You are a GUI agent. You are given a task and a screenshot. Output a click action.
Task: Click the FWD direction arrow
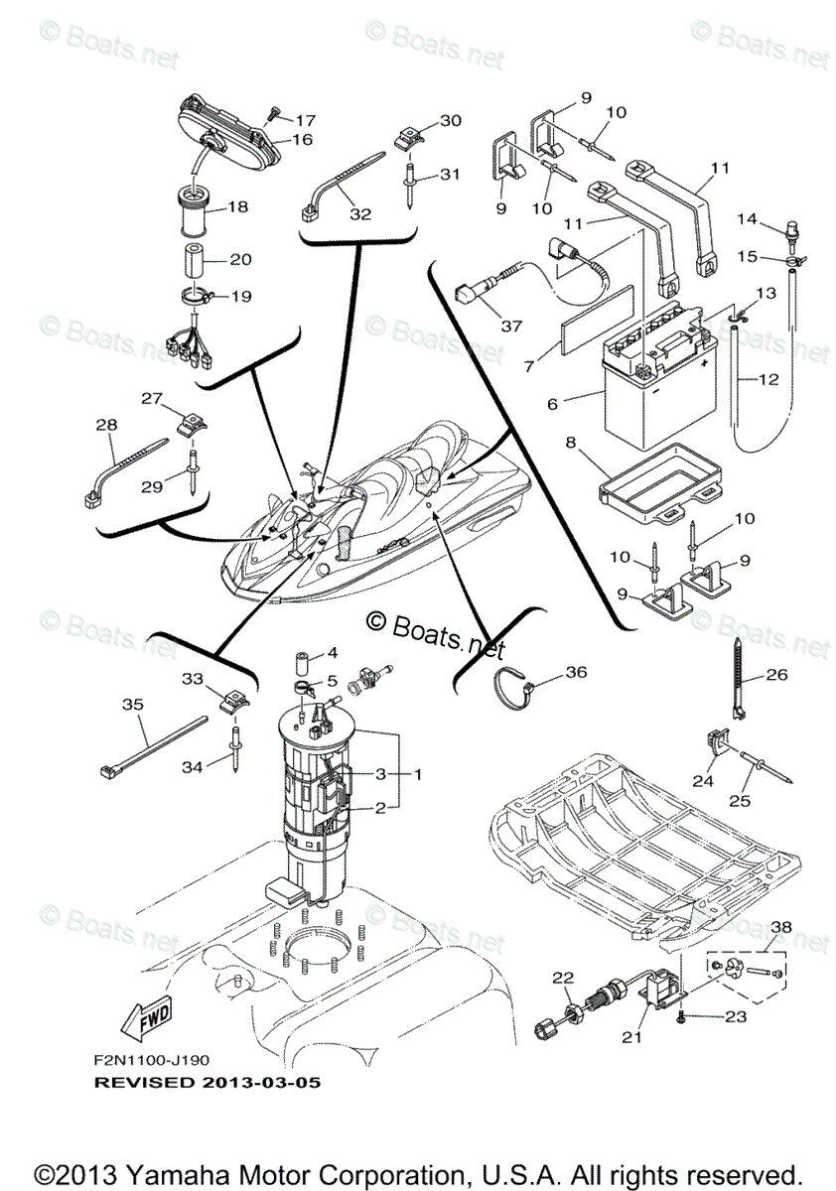click(145, 1014)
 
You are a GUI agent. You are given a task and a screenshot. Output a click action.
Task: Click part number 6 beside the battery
click(553, 404)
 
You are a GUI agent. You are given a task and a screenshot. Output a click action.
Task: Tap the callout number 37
click(510, 326)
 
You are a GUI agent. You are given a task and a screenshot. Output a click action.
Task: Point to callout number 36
click(575, 672)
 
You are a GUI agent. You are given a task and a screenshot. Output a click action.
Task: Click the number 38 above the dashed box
click(782, 927)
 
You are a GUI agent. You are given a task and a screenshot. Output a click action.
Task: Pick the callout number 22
click(564, 978)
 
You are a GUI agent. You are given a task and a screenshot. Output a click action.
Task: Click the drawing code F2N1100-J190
click(151, 1060)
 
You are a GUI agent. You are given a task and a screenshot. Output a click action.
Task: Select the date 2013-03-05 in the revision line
click(267, 1081)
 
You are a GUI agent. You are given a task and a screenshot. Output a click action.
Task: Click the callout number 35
click(132, 705)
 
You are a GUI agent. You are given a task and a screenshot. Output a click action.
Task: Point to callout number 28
click(106, 424)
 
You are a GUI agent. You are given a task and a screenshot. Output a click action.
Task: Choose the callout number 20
click(240, 259)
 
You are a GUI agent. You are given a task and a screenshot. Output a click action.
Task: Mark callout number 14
click(746, 217)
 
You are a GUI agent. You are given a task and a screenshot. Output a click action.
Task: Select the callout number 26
click(776, 676)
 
